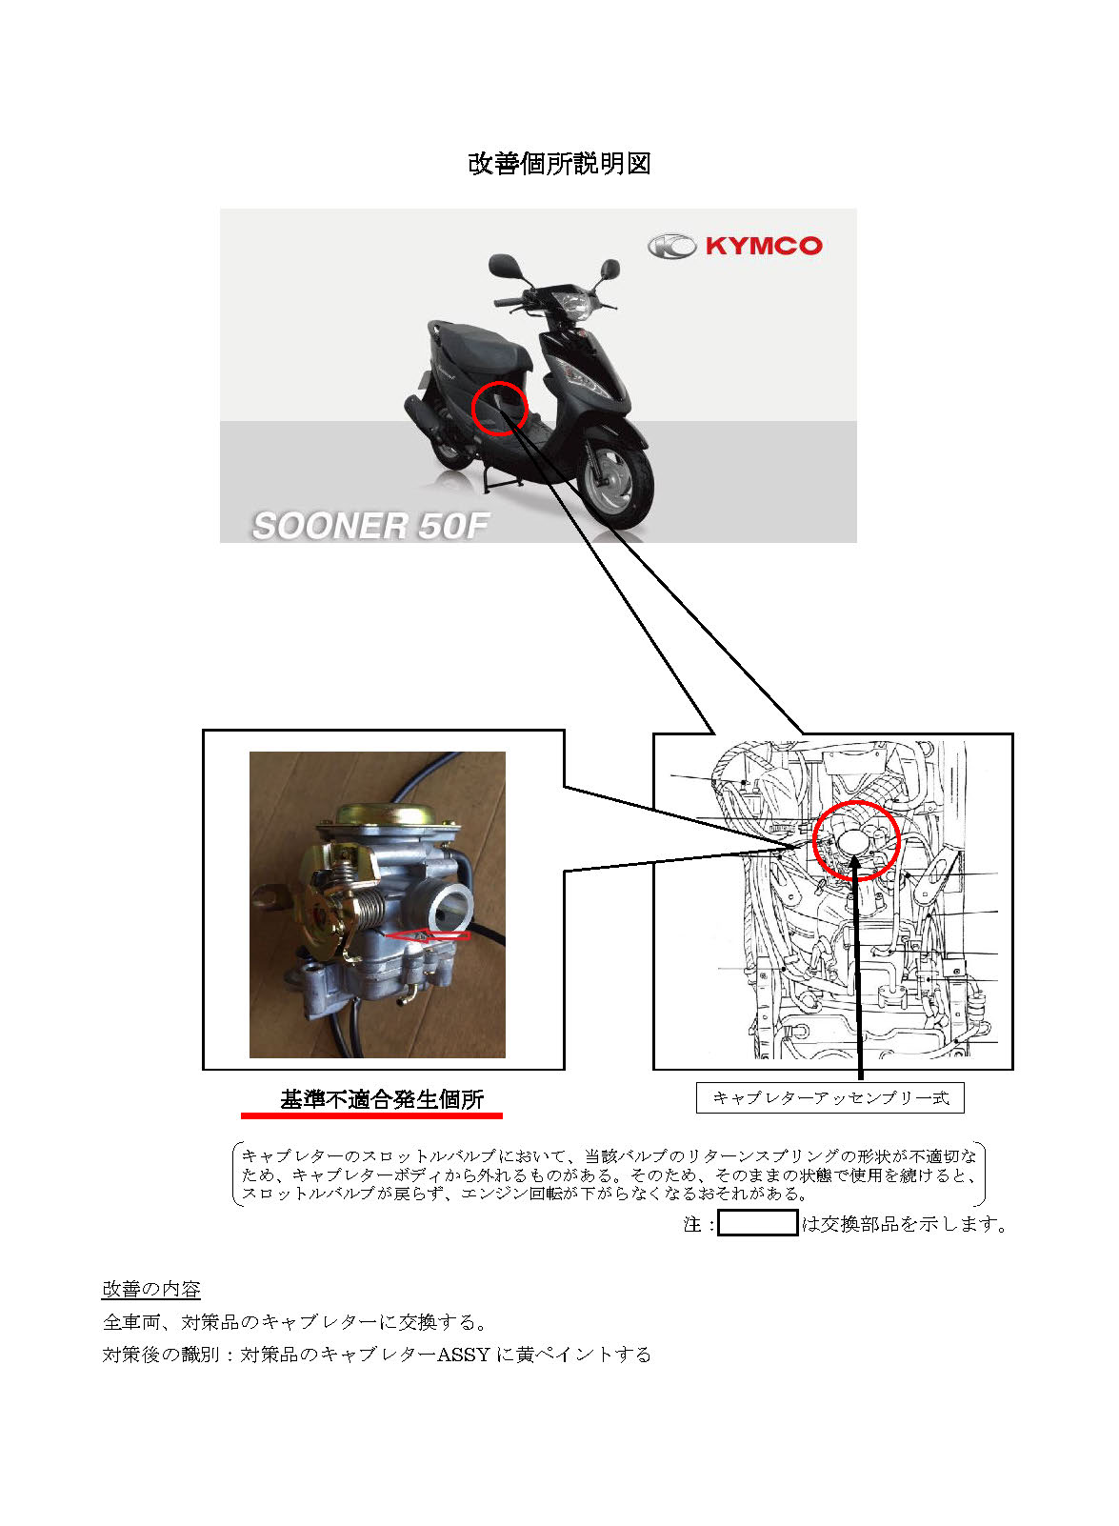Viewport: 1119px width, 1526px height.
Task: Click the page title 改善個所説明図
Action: pyautogui.click(x=559, y=164)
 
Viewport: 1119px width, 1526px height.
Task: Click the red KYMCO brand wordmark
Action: pyautogui.click(x=764, y=245)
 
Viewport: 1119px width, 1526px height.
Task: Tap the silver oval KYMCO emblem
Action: pyautogui.click(x=672, y=246)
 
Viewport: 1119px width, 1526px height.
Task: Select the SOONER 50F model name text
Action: pyautogui.click(x=370, y=526)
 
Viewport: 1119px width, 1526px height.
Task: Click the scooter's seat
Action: pyautogui.click(x=480, y=346)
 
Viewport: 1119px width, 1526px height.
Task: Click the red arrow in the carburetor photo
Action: pyautogui.click(x=428, y=935)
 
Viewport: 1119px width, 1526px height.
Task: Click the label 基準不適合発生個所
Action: pyautogui.click(x=382, y=1099)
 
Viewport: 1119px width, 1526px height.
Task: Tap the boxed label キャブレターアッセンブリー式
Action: pyautogui.click(x=830, y=1097)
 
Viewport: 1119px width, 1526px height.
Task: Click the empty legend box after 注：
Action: pyautogui.click(x=757, y=1223)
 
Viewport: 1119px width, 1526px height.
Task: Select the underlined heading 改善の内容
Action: pyautogui.click(x=151, y=1289)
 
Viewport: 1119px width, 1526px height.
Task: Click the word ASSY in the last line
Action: pyautogui.click(x=464, y=1355)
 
